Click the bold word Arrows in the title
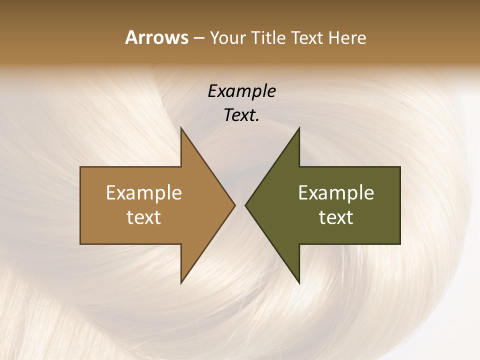coord(156,37)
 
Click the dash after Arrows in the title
coord(199,38)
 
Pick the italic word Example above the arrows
coord(242,91)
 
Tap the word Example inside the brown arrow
coord(144,193)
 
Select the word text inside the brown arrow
coord(144,217)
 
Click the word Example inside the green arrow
coord(336,193)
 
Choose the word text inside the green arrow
coord(336,217)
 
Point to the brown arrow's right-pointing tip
coord(234,205)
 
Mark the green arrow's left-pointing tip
coord(245,205)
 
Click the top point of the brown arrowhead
coord(181,128)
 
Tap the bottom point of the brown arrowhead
coord(181,283)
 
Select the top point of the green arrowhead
coord(299,128)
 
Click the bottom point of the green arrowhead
coord(299,283)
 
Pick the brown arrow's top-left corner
coord(80,167)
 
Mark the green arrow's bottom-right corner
coord(400,244)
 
